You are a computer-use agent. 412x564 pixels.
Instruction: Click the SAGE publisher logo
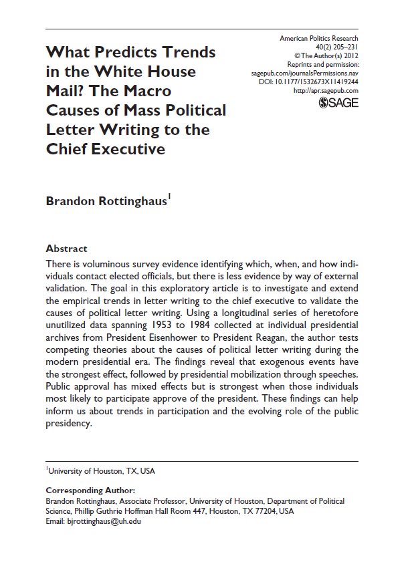[x=339, y=102]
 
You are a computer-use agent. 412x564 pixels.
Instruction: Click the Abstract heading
[x=66, y=248]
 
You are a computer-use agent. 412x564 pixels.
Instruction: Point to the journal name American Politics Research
[x=319, y=39]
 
